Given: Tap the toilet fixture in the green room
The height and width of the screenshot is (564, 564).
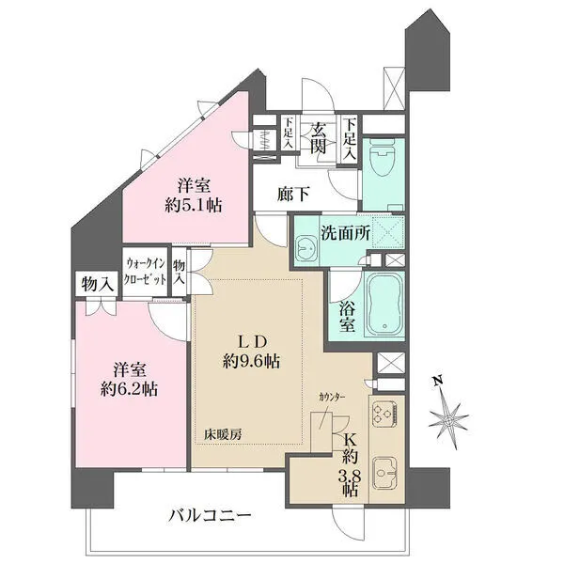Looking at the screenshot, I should click(x=382, y=160).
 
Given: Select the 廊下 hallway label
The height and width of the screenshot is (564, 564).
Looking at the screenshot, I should click(x=293, y=195).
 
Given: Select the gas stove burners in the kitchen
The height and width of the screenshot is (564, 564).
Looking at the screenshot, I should click(x=385, y=415).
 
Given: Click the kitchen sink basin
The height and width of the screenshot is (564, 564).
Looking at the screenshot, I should click(x=385, y=469).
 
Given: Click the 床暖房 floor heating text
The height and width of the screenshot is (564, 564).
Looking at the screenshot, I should click(x=224, y=434).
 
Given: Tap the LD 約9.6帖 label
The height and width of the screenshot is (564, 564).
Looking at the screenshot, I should click(x=249, y=350).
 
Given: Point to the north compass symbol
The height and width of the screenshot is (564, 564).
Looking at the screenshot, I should click(x=449, y=415).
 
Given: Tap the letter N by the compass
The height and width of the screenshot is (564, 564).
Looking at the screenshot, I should click(x=435, y=381).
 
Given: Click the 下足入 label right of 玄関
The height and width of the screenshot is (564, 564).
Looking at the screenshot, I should click(x=350, y=135).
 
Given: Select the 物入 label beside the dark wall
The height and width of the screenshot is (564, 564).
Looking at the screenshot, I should click(x=97, y=282).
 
